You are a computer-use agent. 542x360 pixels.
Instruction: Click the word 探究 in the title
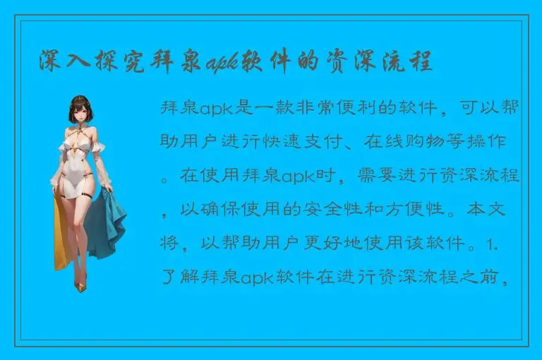(x=113, y=62)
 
